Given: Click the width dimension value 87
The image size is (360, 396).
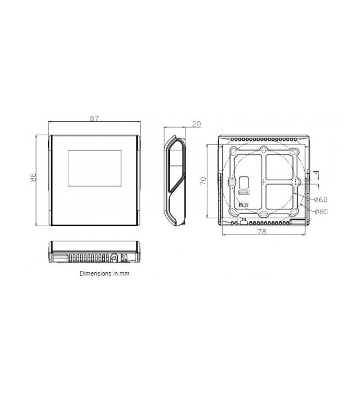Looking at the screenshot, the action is point(94,118).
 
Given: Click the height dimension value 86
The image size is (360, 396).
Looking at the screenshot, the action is point(33,177).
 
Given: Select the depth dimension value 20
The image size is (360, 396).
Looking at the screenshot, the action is point(196,124).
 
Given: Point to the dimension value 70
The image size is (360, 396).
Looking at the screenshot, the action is point(203,181).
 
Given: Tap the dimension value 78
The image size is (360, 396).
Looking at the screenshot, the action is point(263,231).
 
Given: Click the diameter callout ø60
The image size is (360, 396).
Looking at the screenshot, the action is point(320,199).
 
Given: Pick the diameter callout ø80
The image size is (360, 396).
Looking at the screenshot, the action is point(321,211).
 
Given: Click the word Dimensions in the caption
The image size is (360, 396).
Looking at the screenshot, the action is point(95,273).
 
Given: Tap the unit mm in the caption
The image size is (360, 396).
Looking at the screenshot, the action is point(124,274).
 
